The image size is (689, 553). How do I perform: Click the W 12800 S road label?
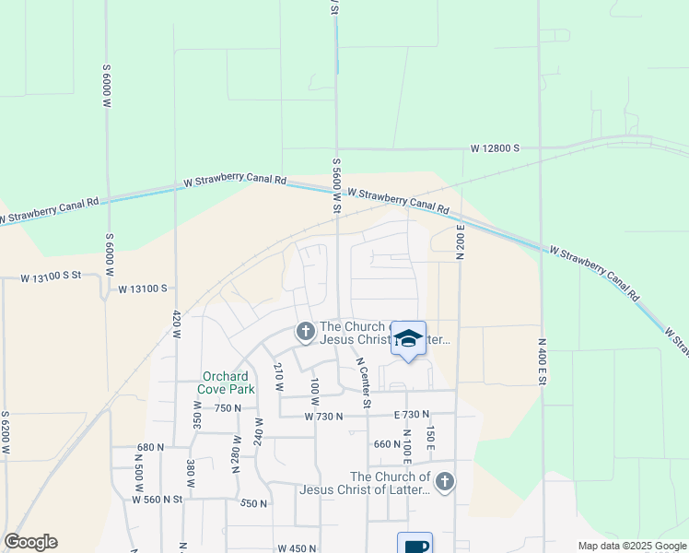[496, 147]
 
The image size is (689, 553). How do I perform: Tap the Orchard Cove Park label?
[226, 382]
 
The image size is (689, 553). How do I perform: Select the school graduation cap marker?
[409, 338]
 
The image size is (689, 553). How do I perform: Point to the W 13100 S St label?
[53, 276]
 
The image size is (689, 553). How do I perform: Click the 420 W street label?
[175, 326]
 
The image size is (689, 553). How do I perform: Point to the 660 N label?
[386, 444]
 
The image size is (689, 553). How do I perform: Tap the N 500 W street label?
[139, 477]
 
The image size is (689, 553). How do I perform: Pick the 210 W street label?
[277, 377]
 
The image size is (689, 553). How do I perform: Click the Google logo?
[30, 542]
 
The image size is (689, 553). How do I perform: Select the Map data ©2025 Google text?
[631, 546]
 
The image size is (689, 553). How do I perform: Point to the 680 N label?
[150, 447]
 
